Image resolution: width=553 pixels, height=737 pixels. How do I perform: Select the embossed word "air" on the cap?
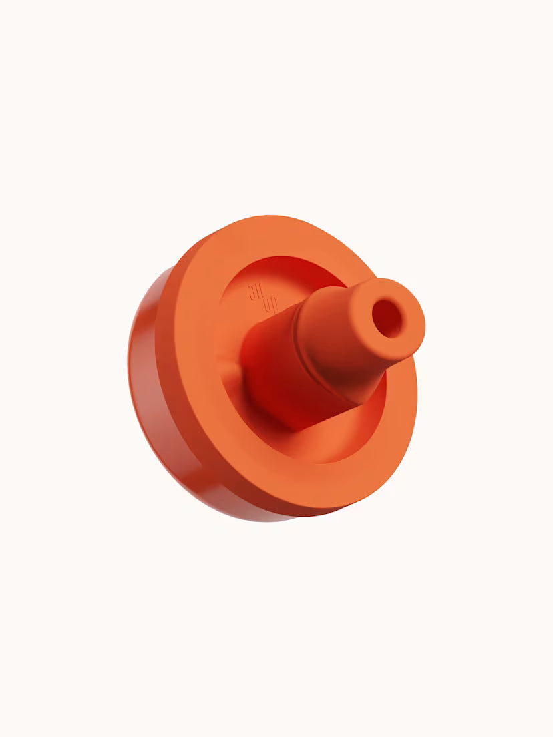click(x=254, y=292)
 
